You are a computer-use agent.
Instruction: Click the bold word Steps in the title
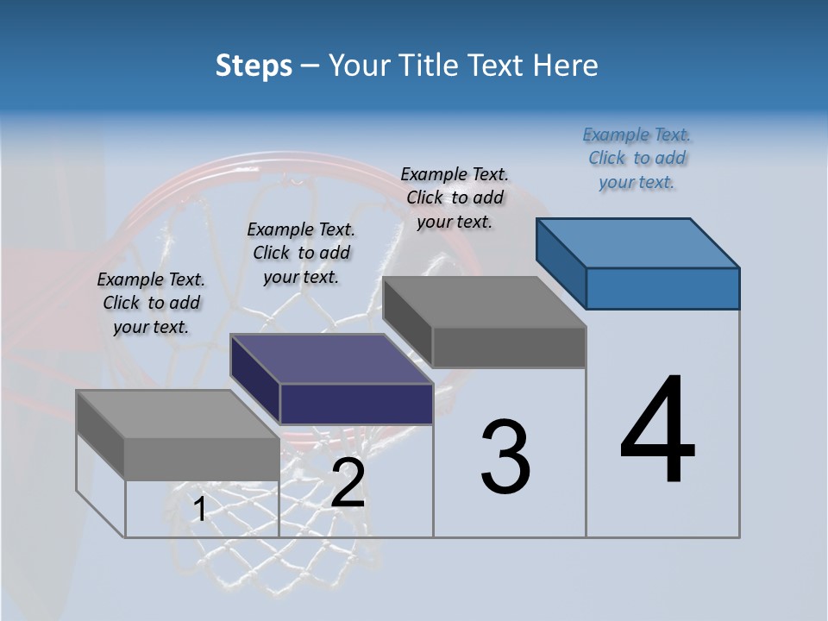(x=254, y=66)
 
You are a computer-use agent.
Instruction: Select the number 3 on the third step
(x=505, y=457)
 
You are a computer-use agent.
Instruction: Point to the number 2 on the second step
(x=348, y=484)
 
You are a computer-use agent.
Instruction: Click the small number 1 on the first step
(x=199, y=510)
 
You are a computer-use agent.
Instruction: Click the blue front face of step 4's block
(x=662, y=288)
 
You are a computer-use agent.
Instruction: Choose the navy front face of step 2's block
(x=356, y=404)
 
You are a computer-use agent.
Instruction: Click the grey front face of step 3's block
(x=509, y=347)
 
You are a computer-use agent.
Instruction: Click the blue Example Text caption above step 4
(x=637, y=158)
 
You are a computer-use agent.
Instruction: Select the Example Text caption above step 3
(x=455, y=198)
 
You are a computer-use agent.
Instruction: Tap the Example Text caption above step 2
(x=301, y=253)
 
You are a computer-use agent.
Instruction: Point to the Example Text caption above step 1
(x=151, y=303)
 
